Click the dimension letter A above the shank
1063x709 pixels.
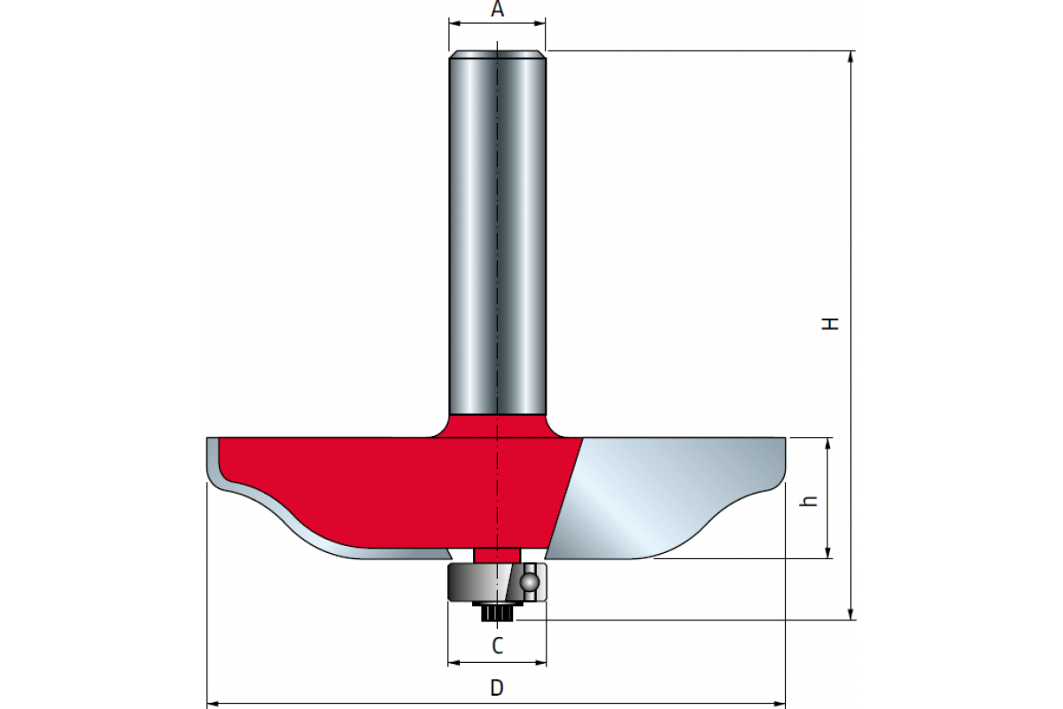pyautogui.click(x=497, y=9)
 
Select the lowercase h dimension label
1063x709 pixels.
pyautogui.click(x=808, y=501)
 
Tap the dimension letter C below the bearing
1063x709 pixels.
pyautogui.click(x=497, y=646)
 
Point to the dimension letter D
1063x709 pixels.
pyautogui.click(x=497, y=688)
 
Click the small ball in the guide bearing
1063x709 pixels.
pyautogui.click(x=529, y=581)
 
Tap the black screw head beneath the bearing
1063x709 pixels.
pyautogui.click(x=497, y=612)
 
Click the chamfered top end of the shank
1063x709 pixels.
pyautogui.click(x=497, y=54)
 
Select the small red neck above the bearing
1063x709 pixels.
pyautogui.click(x=497, y=555)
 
